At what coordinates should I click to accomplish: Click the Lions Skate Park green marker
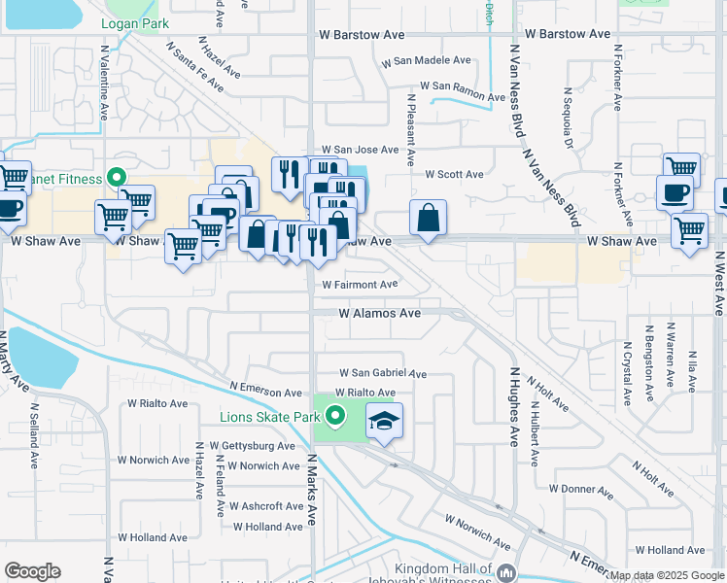[x=335, y=418]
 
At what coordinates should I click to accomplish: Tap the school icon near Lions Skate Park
[x=384, y=422]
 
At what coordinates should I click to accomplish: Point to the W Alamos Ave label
[x=379, y=314]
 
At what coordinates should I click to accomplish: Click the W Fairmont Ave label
[x=361, y=285]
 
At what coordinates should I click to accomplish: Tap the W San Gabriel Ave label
[x=382, y=373]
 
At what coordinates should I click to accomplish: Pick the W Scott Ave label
[x=454, y=175]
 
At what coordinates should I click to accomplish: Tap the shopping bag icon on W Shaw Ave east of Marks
[x=428, y=219]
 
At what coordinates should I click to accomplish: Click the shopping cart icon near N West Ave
[x=689, y=232]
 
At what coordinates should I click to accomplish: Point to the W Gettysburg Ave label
[x=245, y=446]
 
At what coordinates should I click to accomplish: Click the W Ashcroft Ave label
[x=266, y=506]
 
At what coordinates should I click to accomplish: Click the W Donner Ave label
[x=580, y=489]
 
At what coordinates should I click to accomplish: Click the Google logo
[x=33, y=571]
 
